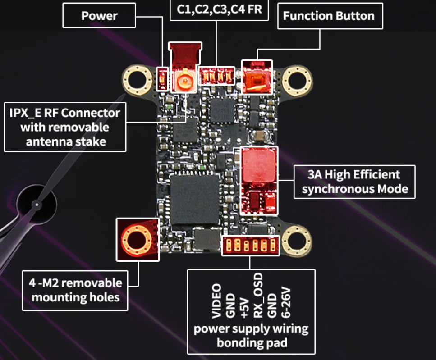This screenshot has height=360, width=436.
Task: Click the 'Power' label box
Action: (x=99, y=16)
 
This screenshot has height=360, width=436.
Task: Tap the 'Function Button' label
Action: (x=328, y=16)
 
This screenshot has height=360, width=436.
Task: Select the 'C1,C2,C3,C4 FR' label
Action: (x=219, y=9)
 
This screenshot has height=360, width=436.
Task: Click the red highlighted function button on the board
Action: (x=257, y=77)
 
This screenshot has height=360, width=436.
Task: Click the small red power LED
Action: (x=162, y=79)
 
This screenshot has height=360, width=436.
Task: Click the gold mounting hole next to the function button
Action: (x=297, y=79)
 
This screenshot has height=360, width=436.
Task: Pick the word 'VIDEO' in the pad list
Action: (x=217, y=300)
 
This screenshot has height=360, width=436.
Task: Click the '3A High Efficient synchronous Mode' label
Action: (x=354, y=182)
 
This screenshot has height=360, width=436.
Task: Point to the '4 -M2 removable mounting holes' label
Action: (x=75, y=290)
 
